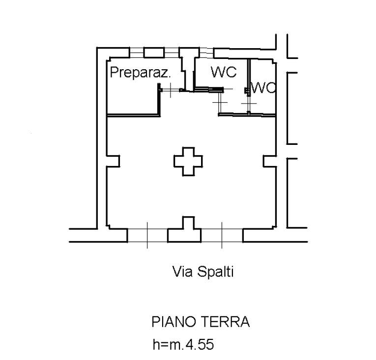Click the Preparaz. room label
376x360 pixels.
pos(140,73)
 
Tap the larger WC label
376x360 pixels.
pos(224,72)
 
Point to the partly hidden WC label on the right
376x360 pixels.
pos(263,88)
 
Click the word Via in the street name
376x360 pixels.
pos(181,272)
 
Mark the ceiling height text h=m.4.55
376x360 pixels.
pos(183,345)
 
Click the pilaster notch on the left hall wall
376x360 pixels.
pos(113,161)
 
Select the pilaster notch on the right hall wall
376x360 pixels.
pos(269,161)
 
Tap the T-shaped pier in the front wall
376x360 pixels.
pos(184,230)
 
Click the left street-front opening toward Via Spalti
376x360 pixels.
pos(147,235)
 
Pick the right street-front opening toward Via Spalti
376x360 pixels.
pos(222,235)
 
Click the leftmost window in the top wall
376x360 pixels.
pos(136,52)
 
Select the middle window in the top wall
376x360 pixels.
pos(171,52)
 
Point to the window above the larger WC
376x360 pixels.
pos(206,52)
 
